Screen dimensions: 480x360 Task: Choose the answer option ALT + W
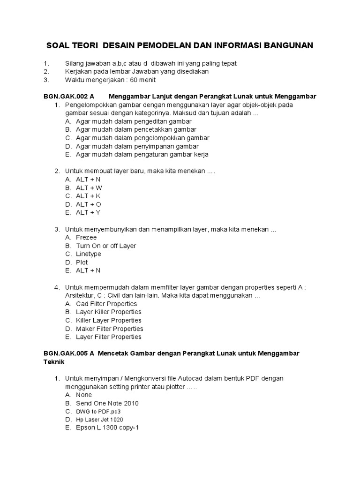(x=89, y=187)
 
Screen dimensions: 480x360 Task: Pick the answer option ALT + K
(x=88, y=196)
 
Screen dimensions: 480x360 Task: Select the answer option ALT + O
(x=88, y=204)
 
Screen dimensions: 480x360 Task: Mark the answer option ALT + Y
(x=88, y=212)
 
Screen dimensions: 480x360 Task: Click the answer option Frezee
(x=86, y=238)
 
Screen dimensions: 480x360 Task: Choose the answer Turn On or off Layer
(x=106, y=246)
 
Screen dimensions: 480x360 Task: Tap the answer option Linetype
(x=88, y=254)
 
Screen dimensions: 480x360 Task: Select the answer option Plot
(x=82, y=262)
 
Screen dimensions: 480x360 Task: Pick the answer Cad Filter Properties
(x=106, y=304)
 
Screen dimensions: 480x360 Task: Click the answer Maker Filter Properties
(x=110, y=329)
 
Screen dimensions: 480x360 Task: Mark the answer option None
(x=84, y=395)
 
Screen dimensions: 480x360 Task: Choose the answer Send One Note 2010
(x=107, y=403)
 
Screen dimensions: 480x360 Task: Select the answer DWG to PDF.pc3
(x=101, y=411)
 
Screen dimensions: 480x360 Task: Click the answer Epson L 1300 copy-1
(x=107, y=427)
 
